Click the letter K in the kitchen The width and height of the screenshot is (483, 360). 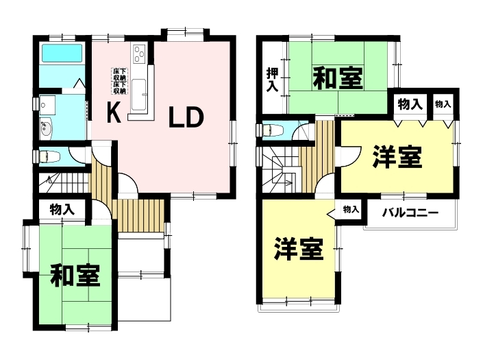click(113, 112)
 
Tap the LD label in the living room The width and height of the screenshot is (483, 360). click(186, 117)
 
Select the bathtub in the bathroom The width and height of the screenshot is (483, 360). click(62, 53)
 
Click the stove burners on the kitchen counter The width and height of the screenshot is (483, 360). click(140, 53)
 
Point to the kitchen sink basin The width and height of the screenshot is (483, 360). click(138, 95)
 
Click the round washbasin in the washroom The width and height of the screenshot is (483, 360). click(46, 128)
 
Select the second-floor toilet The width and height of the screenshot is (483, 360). click(271, 130)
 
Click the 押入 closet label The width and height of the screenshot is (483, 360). click(272, 80)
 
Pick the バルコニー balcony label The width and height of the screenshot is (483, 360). click(410, 213)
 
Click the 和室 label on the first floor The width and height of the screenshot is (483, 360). click(75, 275)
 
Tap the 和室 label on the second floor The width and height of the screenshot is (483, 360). click(338, 79)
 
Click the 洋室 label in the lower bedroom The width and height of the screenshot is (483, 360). click(299, 249)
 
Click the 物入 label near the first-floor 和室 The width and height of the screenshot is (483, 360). click(62, 210)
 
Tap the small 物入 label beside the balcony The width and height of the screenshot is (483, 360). click(351, 210)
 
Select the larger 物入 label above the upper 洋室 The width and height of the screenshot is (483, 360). click(410, 104)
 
